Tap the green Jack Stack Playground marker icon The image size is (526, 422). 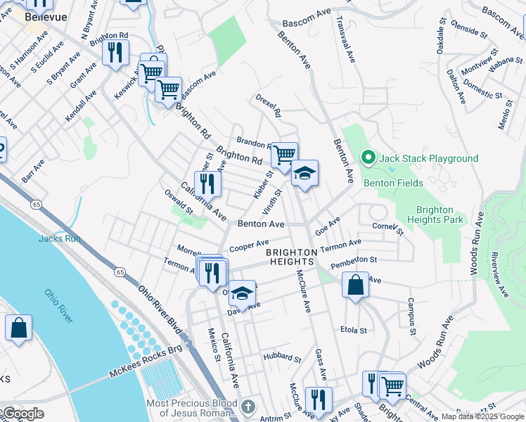pos(366,158)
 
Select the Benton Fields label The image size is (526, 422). pos(393,183)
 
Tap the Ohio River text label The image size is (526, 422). pos(58,306)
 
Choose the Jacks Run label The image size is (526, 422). pos(59,238)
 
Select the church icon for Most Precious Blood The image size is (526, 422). pos(248,407)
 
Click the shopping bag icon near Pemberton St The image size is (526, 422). pos(356,285)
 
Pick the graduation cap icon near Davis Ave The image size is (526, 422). pos(242,293)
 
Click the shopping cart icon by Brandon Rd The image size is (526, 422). pos(284,154)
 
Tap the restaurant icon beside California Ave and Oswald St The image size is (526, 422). pos(207,184)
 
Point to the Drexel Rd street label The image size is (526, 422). pos(268,107)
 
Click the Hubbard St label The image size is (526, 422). pos(282,358)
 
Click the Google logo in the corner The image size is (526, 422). pos(23,414)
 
